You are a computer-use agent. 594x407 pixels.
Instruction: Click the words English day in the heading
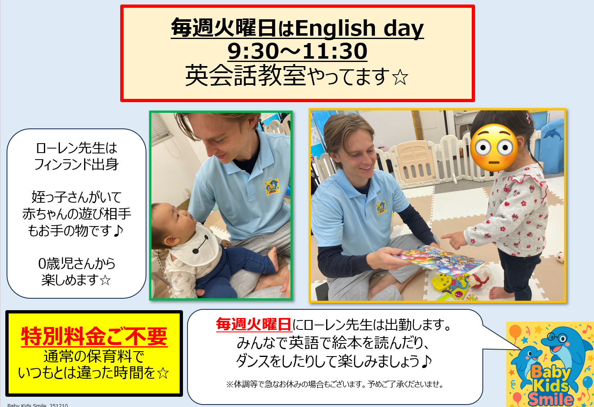pos(359,28)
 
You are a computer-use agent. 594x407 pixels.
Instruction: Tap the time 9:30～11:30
pos(297,51)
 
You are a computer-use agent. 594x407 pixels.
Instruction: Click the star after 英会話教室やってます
pos(400,77)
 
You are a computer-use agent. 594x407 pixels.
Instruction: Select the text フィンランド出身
pos(76,165)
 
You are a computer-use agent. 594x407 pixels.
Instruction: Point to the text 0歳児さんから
pos(76,263)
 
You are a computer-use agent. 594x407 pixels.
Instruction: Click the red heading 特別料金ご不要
pos(94,336)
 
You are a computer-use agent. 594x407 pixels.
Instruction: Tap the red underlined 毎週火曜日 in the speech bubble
pos(254,325)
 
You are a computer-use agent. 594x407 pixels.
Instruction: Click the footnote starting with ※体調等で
pos(335,384)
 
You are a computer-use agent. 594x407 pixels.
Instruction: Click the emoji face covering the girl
pos(494,147)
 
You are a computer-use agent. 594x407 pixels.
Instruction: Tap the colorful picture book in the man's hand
pos(437,258)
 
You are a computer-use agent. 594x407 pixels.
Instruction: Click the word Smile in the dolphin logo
pos(551,398)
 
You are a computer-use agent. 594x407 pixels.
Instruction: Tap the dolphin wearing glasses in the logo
pos(564,345)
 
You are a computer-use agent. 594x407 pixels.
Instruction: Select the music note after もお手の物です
pos(118,231)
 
